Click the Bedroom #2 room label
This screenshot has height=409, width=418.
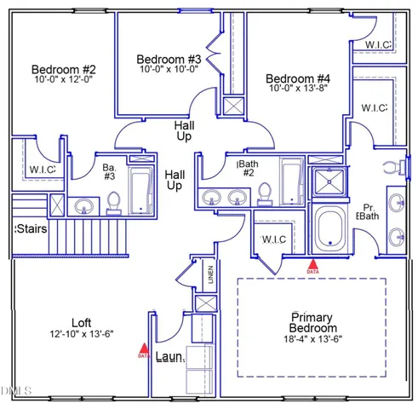[x=63, y=69]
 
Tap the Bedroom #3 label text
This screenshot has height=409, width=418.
[x=169, y=59]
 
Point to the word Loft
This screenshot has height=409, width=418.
[x=81, y=323]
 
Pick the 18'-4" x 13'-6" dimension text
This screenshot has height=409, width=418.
[x=312, y=341]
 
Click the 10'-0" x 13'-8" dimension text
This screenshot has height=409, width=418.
[x=296, y=87]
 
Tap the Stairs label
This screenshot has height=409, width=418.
[x=31, y=229]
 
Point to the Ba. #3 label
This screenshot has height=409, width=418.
[x=109, y=171]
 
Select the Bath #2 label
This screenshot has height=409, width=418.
[x=248, y=167]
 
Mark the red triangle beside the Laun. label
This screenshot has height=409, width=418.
[x=143, y=348]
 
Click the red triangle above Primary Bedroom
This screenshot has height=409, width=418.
[x=312, y=265]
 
